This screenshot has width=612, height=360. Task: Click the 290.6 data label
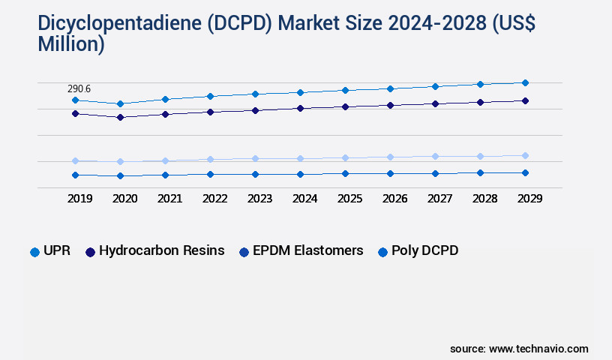[x=79, y=88]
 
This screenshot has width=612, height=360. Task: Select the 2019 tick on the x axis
[x=79, y=199]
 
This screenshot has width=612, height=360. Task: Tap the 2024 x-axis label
[x=304, y=199]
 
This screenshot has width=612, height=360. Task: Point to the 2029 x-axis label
[x=529, y=199]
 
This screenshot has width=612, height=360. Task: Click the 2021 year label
[x=169, y=199]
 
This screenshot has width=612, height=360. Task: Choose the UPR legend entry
[x=50, y=251]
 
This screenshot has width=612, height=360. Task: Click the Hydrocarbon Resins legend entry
[x=154, y=251]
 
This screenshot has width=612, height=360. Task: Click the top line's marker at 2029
[x=525, y=82]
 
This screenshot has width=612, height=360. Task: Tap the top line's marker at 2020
[x=120, y=103]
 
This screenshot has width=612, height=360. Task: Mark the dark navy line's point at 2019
[x=75, y=113]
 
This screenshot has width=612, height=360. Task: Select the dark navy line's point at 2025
[x=345, y=106]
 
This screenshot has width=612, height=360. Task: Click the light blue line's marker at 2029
[x=525, y=155]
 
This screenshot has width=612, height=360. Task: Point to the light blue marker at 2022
[x=210, y=159]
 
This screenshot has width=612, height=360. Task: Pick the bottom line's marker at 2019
[x=75, y=175]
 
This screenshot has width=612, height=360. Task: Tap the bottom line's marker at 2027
[x=435, y=173]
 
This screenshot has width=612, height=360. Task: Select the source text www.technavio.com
[x=538, y=349]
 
